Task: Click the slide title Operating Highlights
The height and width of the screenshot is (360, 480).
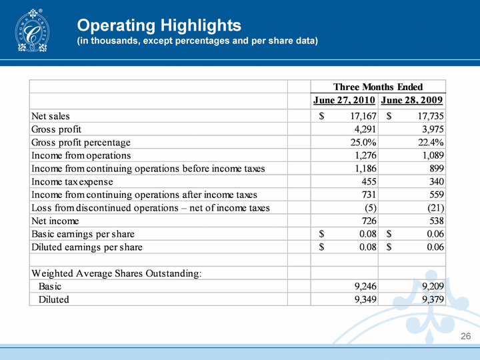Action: coord(159,25)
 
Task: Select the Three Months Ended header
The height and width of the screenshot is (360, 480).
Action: coord(378,87)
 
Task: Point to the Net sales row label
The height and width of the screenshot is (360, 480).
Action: coord(51,117)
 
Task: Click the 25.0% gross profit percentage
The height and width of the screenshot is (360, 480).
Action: coord(361,143)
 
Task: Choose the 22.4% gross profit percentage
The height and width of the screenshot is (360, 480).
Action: coord(430,143)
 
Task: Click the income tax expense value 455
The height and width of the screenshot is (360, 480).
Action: coord(367,181)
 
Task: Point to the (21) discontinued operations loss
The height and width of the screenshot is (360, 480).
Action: coord(436,208)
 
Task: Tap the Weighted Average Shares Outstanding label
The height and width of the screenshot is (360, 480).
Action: coord(117,273)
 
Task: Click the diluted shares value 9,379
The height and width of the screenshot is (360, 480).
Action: coord(432,299)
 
